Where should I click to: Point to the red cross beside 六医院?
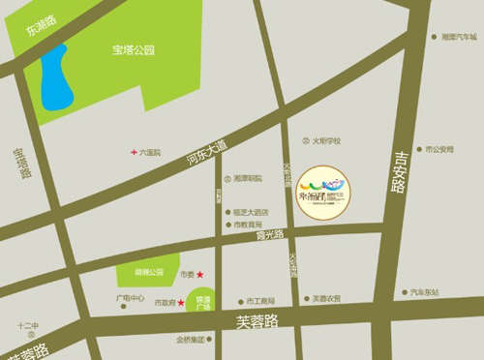pyautogui.click(x=135, y=152)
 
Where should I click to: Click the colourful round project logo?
pyautogui.click(x=323, y=190)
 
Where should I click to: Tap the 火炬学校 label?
pyautogui.click(x=325, y=140)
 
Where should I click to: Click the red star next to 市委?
pyautogui.click(x=199, y=276)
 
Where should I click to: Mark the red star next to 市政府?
pyautogui.click(x=180, y=303)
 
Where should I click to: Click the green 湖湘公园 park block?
pyautogui.click(x=148, y=274)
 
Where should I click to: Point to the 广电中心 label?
pyautogui.click(x=130, y=298)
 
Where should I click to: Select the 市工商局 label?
pyautogui.click(x=260, y=300)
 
